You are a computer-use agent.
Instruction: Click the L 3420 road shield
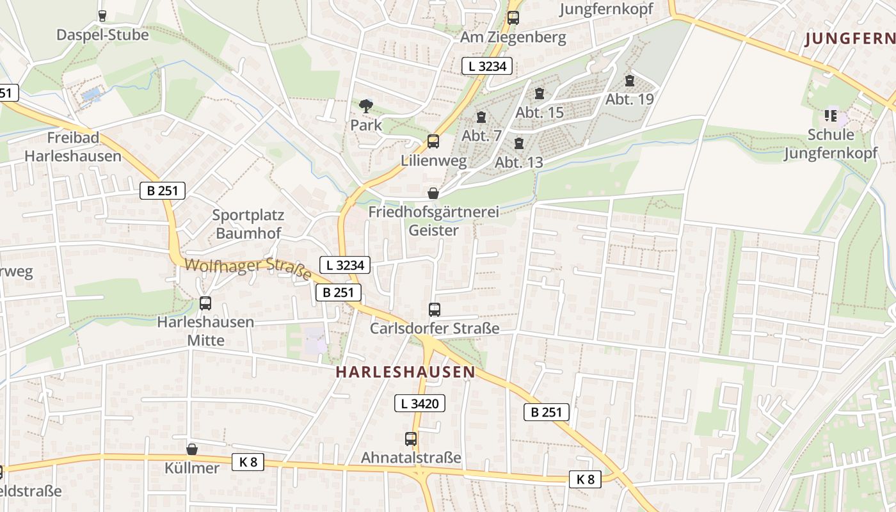pyautogui.click(x=419, y=403)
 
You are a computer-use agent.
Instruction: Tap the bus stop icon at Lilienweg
pyautogui.click(x=433, y=141)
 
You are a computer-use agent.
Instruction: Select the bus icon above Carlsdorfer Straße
pyautogui.click(x=435, y=310)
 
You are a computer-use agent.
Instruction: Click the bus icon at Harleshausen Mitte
pyautogui.click(x=205, y=303)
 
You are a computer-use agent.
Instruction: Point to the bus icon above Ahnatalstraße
pyautogui.click(x=411, y=439)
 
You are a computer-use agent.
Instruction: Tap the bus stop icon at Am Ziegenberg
pyautogui.click(x=513, y=18)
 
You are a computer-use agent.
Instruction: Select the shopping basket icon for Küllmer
pyautogui.click(x=192, y=449)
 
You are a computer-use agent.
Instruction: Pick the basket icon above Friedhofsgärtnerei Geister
pyautogui.click(x=433, y=193)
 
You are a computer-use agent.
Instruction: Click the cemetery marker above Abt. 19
pyautogui.click(x=630, y=81)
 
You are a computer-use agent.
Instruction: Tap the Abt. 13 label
pyautogui.click(x=519, y=162)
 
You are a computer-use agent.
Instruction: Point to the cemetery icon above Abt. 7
pyautogui.click(x=481, y=117)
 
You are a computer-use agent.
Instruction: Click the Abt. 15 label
pyautogui.click(x=540, y=113)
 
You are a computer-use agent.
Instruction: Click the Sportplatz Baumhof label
pyautogui.click(x=248, y=224)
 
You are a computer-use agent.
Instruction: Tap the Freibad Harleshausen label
pyautogui.click(x=73, y=147)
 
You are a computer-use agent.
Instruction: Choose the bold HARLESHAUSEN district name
pyautogui.click(x=406, y=372)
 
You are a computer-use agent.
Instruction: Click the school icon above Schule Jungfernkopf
pyautogui.click(x=831, y=116)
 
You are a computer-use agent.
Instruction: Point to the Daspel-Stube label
pyautogui.click(x=102, y=35)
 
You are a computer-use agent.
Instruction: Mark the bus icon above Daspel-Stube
pyautogui.click(x=102, y=15)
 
